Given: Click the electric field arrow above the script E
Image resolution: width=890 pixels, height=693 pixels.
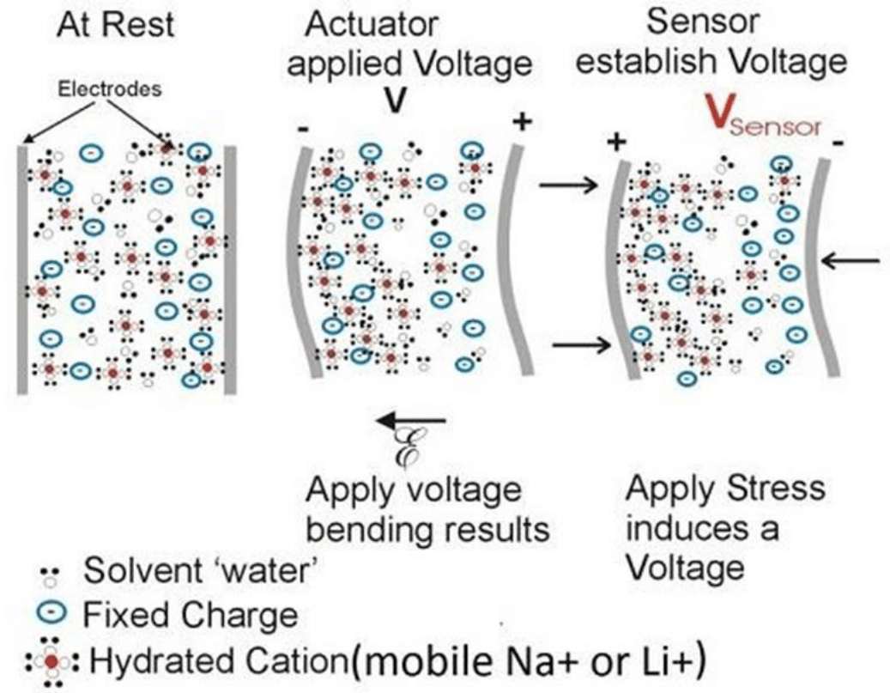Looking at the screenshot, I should coord(413,420).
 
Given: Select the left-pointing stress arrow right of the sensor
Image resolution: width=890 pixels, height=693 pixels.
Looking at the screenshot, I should coord(850,258).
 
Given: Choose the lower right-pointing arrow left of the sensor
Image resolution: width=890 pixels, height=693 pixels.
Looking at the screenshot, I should coord(580,345).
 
